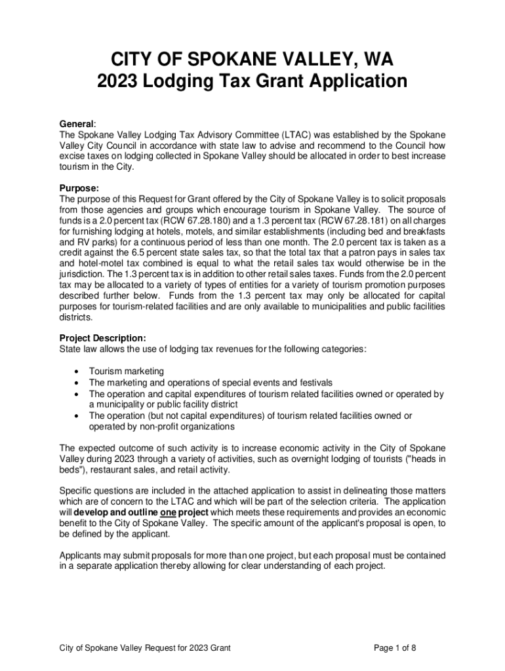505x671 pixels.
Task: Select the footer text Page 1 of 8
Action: [395, 648]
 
